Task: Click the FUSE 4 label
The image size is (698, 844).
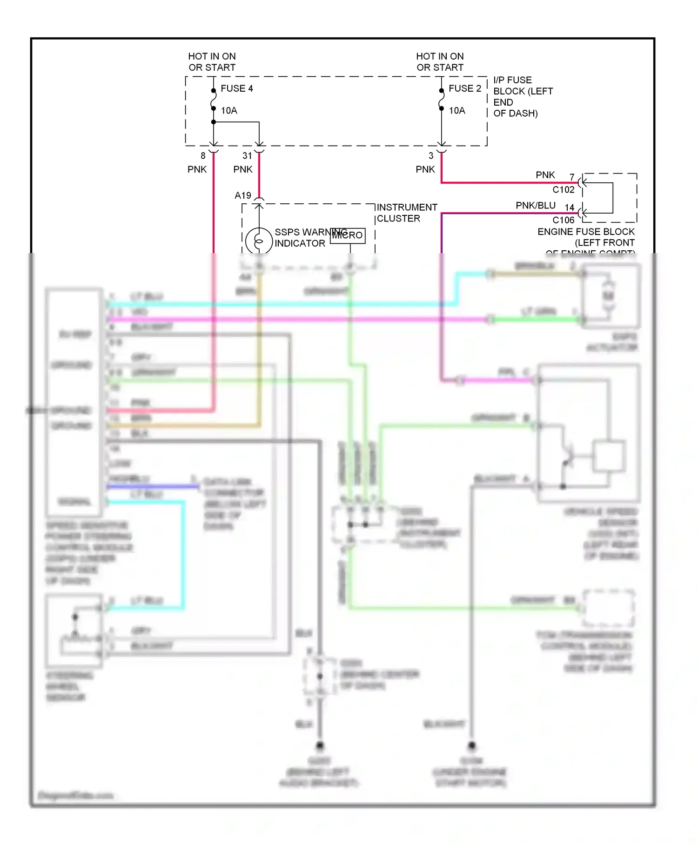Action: pyautogui.click(x=236, y=88)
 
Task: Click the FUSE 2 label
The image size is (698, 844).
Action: pyautogui.click(x=464, y=88)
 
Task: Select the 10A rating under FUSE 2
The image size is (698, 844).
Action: pyautogui.click(x=456, y=111)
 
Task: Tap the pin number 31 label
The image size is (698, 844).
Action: pyautogui.click(x=247, y=156)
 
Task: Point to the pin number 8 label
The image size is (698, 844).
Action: pyautogui.click(x=203, y=156)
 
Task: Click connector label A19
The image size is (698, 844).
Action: pyautogui.click(x=243, y=195)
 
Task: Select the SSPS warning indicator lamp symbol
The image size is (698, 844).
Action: pyautogui.click(x=259, y=241)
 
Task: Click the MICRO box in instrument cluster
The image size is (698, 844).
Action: pyautogui.click(x=348, y=235)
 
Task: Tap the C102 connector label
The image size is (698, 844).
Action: pyautogui.click(x=563, y=190)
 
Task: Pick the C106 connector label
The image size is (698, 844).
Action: pyautogui.click(x=563, y=220)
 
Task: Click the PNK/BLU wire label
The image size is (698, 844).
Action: pyautogui.click(x=535, y=206)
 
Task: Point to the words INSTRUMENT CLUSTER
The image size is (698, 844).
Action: pyautogui.click(x=406, y=213)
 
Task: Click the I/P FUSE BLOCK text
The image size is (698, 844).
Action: pyautogui.click(x=522, y=96)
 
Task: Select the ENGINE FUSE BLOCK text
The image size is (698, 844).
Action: pyautogui.click(x=586, y=232)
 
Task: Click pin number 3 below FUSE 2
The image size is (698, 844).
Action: pyautogui.click(x=431, y=156)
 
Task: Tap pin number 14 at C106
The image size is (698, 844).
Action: pyautogui.click(x=570, y=208)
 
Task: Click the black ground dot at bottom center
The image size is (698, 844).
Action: pyautogui.click(x=320, y=746)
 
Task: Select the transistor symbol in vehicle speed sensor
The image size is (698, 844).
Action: pyautogui.click(x=566, y=456)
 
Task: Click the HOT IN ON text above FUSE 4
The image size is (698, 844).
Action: pyautogui.click(x=212, y=56)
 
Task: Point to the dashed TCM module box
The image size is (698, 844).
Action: pyautogui.click(x=609, y=608)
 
